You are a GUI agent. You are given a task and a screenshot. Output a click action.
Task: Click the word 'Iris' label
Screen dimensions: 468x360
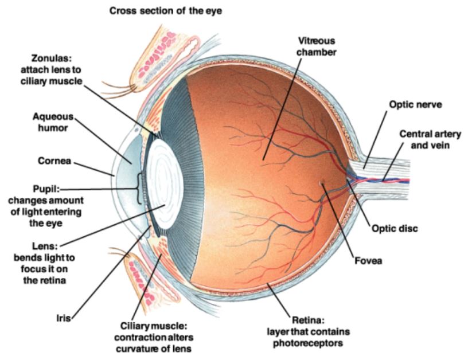[65, 316]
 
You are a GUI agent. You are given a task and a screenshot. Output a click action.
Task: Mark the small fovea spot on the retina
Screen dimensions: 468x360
[323, 184]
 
